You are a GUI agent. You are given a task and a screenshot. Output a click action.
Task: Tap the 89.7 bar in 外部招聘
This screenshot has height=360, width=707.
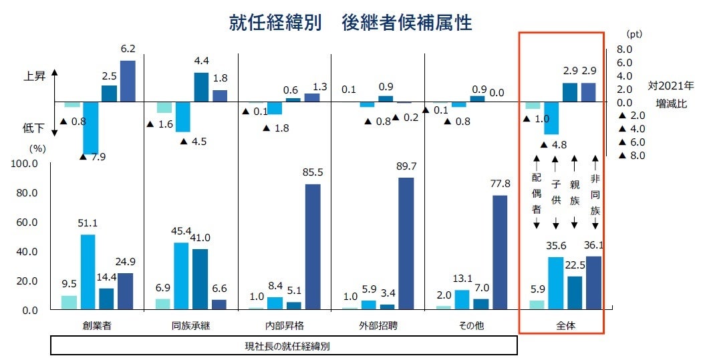(406, 243)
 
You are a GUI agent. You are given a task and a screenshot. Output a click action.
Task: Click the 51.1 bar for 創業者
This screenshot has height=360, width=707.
(88, 272)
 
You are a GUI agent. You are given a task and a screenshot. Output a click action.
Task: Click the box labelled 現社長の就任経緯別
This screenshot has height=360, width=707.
(284, 346)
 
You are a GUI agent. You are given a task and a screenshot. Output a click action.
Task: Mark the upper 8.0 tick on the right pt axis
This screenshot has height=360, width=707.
(623, 49)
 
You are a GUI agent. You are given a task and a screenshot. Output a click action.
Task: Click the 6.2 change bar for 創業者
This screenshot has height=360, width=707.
(127, 81)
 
